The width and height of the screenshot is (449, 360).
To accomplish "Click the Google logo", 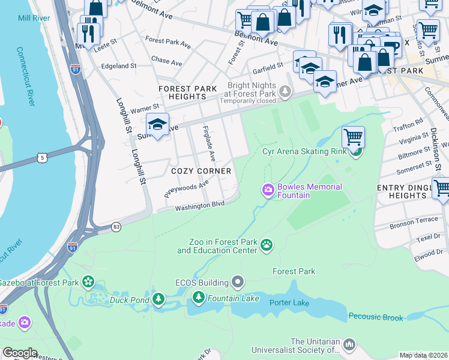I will [20, 353].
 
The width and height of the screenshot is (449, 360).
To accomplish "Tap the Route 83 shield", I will [116, 227].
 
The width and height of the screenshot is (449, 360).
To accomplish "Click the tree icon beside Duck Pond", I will [158, 298].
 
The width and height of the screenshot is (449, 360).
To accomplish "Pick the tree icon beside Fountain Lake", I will [199, 297].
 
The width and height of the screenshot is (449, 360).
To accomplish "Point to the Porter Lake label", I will [289, 302].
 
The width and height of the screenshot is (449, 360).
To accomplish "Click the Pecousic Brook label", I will [376, 317].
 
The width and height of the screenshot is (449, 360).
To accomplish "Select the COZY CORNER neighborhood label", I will [201, 171].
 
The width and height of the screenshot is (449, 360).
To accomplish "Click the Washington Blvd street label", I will [199, 206].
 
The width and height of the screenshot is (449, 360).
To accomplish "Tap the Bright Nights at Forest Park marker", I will [286, 92].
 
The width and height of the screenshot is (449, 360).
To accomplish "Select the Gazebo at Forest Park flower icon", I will [89, 281].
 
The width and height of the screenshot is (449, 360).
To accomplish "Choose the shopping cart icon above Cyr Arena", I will [354, 137].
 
